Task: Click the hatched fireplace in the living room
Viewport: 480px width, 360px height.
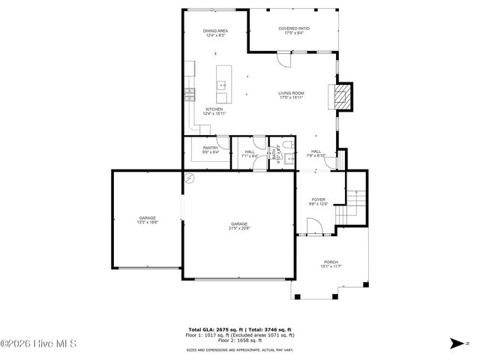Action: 342,96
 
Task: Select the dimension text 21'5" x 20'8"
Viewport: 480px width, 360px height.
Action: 239,228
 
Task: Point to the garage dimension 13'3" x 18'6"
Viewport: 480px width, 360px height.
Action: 146,222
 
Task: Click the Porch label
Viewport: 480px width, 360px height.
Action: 331,262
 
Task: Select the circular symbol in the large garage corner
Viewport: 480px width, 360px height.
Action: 190,178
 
